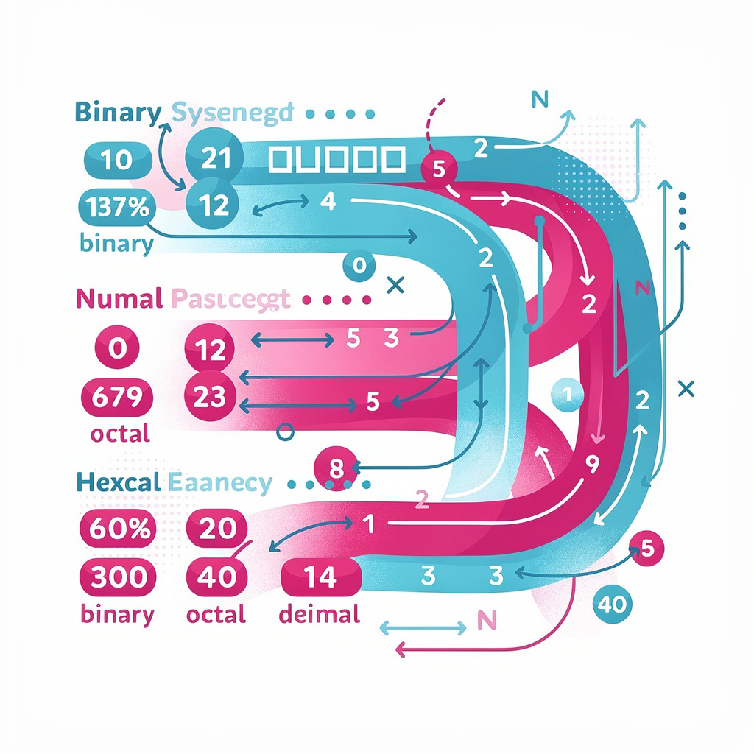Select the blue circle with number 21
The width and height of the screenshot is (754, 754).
[216, 159]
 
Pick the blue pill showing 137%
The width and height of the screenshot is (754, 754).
[116, 207]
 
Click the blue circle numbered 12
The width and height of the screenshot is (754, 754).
[214, 204]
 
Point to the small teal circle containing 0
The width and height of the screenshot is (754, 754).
[359, 266]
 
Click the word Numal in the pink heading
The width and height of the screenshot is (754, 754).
[119, 299]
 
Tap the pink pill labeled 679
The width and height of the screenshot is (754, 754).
[116, 398]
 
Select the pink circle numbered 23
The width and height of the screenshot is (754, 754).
[212, 397]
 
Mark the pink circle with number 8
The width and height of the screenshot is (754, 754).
[334, 468]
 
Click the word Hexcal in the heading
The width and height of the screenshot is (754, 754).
[119, 483]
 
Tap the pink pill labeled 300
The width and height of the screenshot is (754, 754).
[116, 577]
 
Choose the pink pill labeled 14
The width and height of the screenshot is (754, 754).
[320, 577]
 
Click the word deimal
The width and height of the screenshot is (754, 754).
[320, 614]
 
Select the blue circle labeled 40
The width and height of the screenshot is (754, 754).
[613, 605]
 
